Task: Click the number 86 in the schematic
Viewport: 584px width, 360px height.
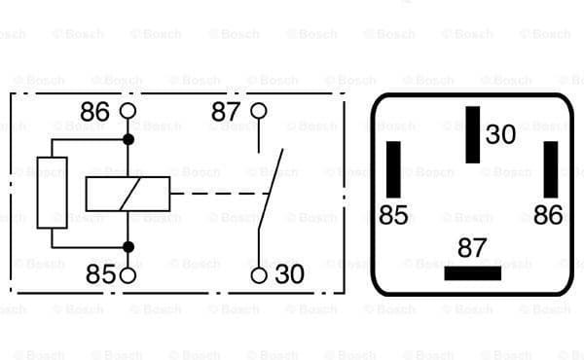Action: pos(94,113)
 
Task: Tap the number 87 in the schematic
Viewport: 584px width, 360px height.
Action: pos(226,113)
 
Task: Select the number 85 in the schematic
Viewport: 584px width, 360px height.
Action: pos(100,275)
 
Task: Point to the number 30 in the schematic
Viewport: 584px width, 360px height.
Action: pos(289,275)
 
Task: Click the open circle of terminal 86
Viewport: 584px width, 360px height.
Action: pos(128,111)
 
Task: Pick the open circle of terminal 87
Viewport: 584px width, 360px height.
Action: pos(258,111)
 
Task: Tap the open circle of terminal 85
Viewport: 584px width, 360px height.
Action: pos(128,275)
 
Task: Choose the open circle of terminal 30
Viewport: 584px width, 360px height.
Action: pos(258,275)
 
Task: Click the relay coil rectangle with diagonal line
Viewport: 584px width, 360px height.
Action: pos(128,193)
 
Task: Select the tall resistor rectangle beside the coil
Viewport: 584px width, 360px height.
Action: pos(52,193)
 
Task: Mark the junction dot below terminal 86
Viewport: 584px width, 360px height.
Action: pos(128,140)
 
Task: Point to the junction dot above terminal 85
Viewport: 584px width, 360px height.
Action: pos(128,245)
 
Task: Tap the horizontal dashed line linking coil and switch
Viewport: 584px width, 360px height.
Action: pos(214,193)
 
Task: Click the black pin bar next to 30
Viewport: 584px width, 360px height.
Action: pos(473,134)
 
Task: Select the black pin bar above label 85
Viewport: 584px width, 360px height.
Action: pos(393,168)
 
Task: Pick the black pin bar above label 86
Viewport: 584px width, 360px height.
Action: pos(551,168)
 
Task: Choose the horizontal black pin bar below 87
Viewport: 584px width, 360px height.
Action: pos(472,273)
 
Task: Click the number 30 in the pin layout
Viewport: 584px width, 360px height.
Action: pos(500,135)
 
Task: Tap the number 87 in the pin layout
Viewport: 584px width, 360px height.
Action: pos(472,248)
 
